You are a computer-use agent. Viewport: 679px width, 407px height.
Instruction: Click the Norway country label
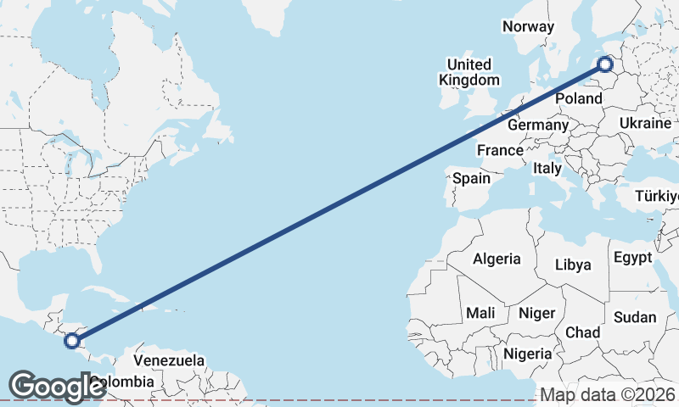tap(528, 26)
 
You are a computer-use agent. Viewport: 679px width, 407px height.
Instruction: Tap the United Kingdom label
tap(469, 72)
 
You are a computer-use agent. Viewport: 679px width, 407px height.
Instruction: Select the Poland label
tap(578, 98)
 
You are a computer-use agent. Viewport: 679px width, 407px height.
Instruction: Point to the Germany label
tap(537, 125)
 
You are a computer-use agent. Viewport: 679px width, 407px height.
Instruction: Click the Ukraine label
tap(645, 123)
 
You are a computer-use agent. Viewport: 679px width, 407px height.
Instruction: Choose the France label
tap(500, 150)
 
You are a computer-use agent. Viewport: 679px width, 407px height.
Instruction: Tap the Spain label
tap(471, 178)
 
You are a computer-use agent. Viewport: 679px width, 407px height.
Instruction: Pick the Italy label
tap(547, 169)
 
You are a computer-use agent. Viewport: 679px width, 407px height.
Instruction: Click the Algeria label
tap(497, 259)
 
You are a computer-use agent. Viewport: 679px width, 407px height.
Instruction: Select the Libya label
tap(573, 265)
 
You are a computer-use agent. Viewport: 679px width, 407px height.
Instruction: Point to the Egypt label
tap(632, 257)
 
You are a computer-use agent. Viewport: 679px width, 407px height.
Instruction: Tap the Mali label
tap(480, 313)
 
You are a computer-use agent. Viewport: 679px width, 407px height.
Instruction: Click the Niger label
tap(536, 313)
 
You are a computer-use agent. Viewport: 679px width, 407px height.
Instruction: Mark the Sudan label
tap(635, 317)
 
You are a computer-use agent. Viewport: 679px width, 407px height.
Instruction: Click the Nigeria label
tap(527, 353)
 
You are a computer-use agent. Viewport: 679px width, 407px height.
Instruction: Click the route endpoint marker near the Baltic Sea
tap(605, 64)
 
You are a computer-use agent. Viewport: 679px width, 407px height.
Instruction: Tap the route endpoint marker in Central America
tap(72, 341)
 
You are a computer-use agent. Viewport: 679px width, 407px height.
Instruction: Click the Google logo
tap(57, 386)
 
